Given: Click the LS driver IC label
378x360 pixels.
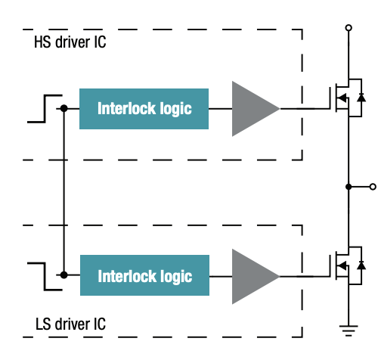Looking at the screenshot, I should tap(70, 324).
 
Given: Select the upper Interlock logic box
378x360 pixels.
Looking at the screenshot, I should tap(144, 108).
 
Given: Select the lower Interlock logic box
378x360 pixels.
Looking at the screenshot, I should tap(144, 276).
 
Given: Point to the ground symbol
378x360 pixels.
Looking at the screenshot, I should tap(349, 330).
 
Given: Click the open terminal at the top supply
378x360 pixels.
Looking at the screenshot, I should tap(349, 28).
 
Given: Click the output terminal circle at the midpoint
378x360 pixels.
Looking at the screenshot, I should tap(371, 186).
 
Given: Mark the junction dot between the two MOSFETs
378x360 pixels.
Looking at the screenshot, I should tap(349, 186).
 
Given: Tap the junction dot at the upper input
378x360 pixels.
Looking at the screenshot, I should tap(64, 108).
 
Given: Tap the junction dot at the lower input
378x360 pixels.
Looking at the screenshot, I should tap(64, 276).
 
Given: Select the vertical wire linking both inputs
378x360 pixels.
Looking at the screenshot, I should tap(64, 192).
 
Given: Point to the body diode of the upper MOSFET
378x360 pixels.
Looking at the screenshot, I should tap(361, 99).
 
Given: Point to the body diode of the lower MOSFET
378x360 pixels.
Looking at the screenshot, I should tap(361, 265).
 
